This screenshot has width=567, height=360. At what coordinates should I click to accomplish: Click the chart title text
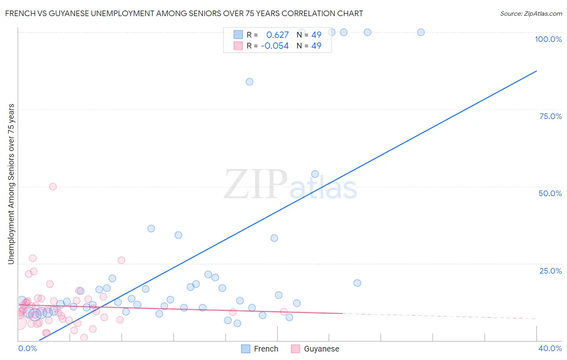pyautogui.click(x=184, y=13)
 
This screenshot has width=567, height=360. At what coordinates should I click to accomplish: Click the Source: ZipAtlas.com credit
pyautogui.click(x=531, y=13)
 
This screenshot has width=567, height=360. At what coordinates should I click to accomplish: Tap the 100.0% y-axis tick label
pyautogui.click(x=548, y=39)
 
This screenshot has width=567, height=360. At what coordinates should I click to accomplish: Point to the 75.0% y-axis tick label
pyautogui.click(x=550, y=116)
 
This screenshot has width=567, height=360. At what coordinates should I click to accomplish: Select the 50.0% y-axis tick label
pyautogui.click(x=550, y=193)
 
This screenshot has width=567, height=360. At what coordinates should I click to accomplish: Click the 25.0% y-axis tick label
pyautogui.click(x=550, y=271)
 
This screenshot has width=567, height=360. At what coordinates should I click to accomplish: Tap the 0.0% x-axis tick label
pyautogui.click(x=27, y=348)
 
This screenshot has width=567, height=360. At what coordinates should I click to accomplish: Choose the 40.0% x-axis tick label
pyautogui.click(x=550, y=348)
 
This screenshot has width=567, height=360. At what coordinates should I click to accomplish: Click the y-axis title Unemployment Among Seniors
pyautogui.click(x=11, y=184)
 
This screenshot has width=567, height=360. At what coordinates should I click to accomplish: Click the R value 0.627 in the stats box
pyautogui.click(x=277, y=35)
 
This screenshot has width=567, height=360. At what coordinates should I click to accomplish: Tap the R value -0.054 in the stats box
pyautogui.click(x=275, y=46)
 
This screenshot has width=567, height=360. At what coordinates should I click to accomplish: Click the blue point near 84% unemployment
pyautogui.click(x=250, y=82)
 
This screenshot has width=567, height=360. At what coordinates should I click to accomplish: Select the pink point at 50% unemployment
pyautogui.click(x=53, y=186)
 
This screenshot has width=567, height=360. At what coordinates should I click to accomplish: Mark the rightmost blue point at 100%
pyautogui.click(x=421, y=32)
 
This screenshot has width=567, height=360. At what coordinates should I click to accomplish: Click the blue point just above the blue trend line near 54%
pyautogui.click(x=315, y=174)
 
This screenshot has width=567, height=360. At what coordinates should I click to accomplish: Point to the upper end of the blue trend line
pyautogui.click(x=536, y=71)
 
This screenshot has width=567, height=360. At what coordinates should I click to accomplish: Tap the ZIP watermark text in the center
pyautogui.click(x=256, y=184)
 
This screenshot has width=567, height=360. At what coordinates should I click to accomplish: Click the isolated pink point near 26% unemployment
pyautogui.click(x=121, y=260)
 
